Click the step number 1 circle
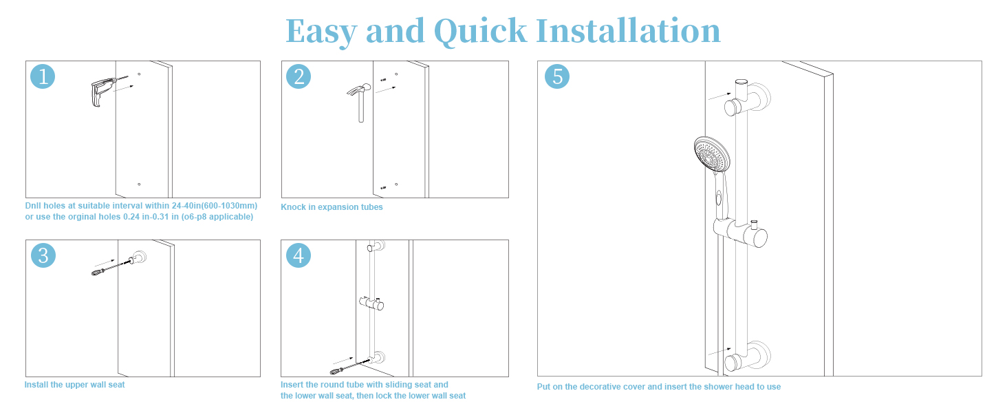[43, 76]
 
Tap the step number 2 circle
[299, 76]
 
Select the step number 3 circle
[43, 255]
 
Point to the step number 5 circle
[557, 76]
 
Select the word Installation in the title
[628, 31]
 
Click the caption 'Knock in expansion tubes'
[332, 207]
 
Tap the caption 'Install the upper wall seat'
[75, 385]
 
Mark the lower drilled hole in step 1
[139, 184]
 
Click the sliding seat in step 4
[373, 302]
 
